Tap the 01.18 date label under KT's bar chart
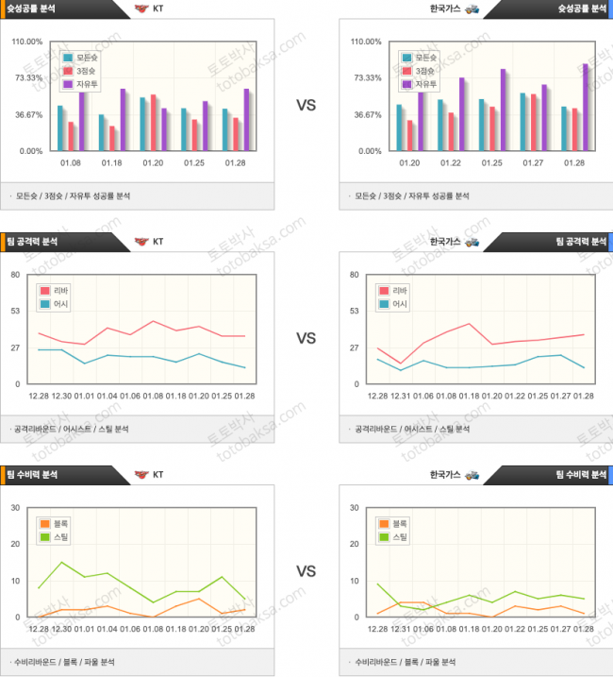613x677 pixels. click(x=111, y=163)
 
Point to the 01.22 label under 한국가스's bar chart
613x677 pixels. click(x=450, y=163)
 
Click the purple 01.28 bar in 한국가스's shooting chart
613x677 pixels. click(x=585, y=106)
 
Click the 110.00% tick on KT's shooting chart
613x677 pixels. click(x=26, y=42)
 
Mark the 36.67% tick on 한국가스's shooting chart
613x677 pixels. click(x=366, y=115)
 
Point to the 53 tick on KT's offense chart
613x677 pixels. click(x=16, y=312)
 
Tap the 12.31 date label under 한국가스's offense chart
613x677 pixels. click(x=400, y=397)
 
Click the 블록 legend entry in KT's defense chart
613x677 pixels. click(x=55, y=523)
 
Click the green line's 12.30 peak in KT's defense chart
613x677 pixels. click(x=61, y=563)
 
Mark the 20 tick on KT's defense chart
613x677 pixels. click(x=15, y=544)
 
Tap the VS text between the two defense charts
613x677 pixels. click(x=306, y=571)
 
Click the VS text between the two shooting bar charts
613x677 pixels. click(x=306, y=106)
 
